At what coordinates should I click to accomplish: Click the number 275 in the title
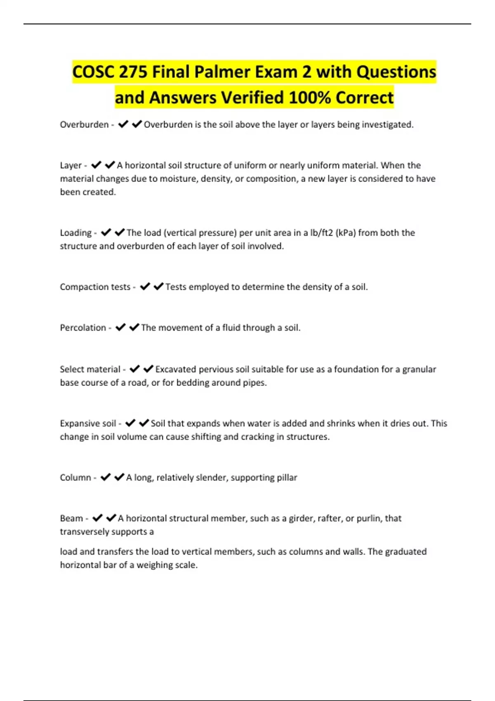133,72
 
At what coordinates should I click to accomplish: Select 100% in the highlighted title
309,98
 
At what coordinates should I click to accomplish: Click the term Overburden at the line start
84,125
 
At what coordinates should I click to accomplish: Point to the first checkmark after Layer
96,165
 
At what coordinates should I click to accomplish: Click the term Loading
76,233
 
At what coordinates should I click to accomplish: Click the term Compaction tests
95,287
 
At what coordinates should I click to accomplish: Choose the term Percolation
83,327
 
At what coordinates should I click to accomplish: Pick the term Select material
90,369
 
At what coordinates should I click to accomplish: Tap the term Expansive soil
88,423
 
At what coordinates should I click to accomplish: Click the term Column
75,478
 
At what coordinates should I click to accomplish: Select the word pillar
287,478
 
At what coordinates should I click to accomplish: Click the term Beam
71,518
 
